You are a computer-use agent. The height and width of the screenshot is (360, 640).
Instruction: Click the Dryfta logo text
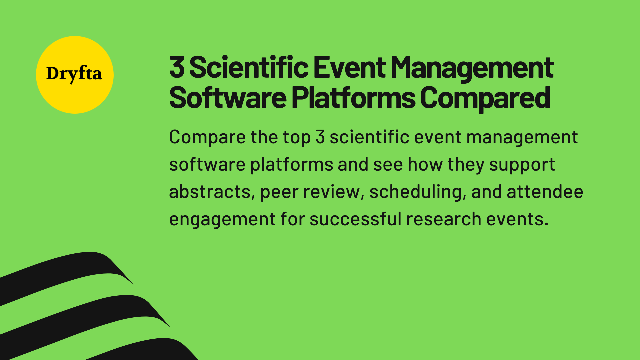(x=74, y=74)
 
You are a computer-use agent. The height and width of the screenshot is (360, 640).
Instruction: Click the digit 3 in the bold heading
(x=177, y=68)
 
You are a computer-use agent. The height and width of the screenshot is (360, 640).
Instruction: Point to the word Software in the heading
(x=228, y=98)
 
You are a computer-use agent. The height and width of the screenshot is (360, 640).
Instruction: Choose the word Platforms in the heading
(x=353, y=98)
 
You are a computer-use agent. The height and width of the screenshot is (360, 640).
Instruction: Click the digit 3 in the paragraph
(x=320, y=137)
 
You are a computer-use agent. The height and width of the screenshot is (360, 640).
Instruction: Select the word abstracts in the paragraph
(x=210, y=192)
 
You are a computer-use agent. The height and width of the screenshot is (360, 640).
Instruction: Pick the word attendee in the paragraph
(x=545, y=192)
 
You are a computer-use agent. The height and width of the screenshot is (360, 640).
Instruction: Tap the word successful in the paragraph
(x=355, y=219)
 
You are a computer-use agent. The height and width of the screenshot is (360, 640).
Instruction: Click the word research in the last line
(x=443, y=219)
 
